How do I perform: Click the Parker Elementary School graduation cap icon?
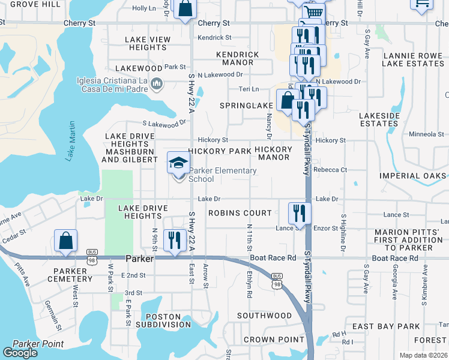178,163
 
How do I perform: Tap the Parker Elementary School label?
223,175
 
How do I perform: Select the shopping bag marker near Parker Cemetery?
65,241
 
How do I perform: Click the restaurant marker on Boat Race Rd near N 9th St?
175,241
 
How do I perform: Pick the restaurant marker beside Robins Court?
299,214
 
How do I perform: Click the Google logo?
20,353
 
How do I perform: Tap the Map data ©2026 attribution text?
423,355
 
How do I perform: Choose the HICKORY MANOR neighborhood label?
274,153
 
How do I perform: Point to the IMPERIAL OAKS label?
413,176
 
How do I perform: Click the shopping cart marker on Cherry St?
313,12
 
